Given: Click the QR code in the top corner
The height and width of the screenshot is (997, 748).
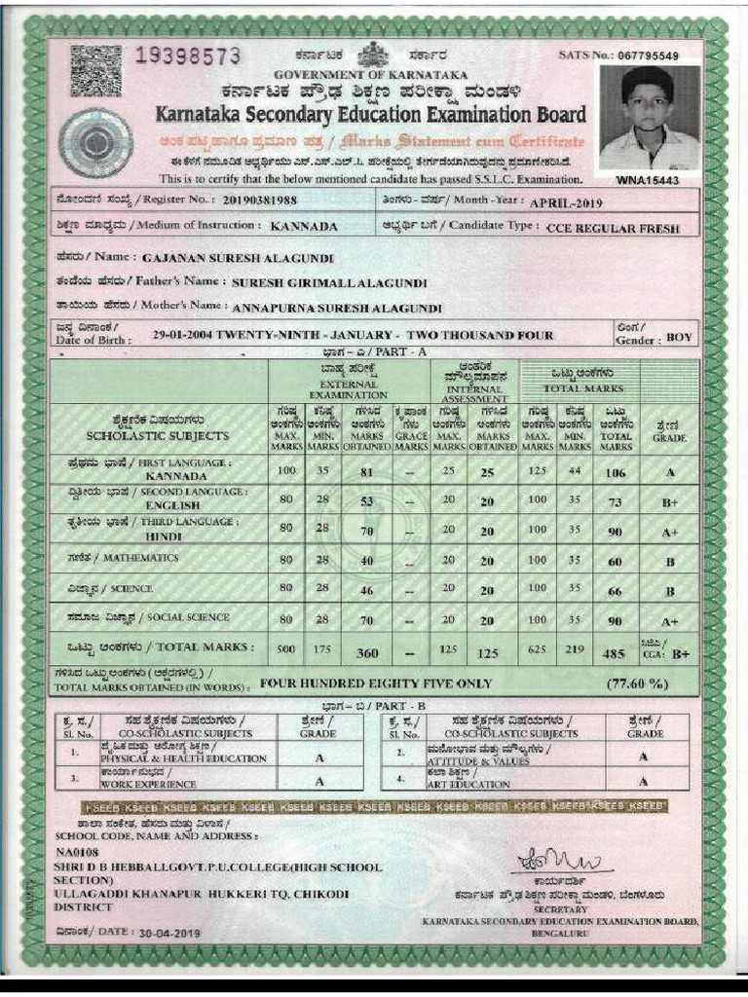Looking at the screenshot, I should tap(96, 71).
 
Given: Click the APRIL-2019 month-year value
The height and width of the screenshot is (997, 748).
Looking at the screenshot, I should tap(566, 203).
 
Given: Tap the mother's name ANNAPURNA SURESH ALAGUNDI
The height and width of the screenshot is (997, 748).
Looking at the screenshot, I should tap(337, 308).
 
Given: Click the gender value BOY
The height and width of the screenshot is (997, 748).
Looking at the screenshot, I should tap(680, 338).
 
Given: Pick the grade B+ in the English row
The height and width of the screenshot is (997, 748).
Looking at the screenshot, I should tap(670, 503).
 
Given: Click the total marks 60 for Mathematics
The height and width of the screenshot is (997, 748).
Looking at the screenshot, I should tap(616, 562).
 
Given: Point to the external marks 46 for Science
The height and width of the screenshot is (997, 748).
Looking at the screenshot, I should tap(367, 590).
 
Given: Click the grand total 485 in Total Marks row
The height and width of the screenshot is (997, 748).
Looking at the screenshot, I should tap(616, 653).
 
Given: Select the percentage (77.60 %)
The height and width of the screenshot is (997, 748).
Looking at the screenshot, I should tap(637, 683).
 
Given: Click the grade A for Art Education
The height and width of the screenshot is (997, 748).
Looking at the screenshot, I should tap(644, 782).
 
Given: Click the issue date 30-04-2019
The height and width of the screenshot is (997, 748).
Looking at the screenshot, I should tap(169, 933).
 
